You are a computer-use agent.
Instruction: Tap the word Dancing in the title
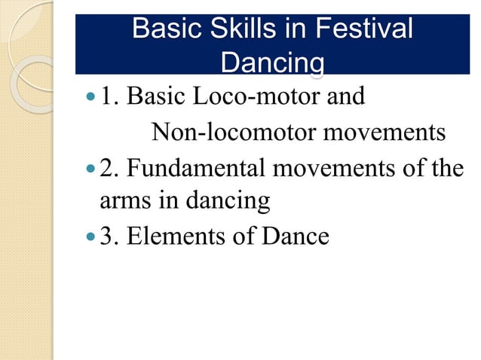coord(272,63)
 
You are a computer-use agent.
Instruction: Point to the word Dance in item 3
coord(290,236)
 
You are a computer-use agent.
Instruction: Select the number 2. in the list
coord(109,167)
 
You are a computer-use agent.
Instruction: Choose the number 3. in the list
coord(109,236)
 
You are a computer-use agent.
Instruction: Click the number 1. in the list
coord(109,97)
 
